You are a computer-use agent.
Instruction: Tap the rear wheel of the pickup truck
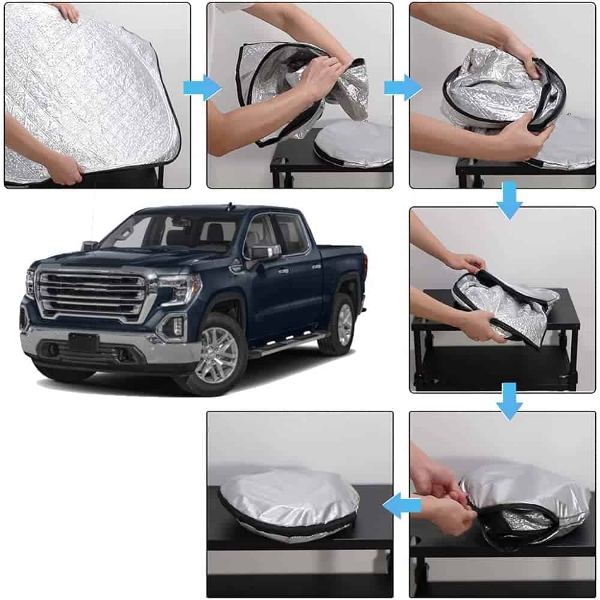click(343, 325)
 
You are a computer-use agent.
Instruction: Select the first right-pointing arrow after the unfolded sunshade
click(201, 88)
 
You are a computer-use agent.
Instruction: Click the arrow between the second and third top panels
click(402, 88)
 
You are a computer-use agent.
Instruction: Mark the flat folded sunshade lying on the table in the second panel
click(354, 144)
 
